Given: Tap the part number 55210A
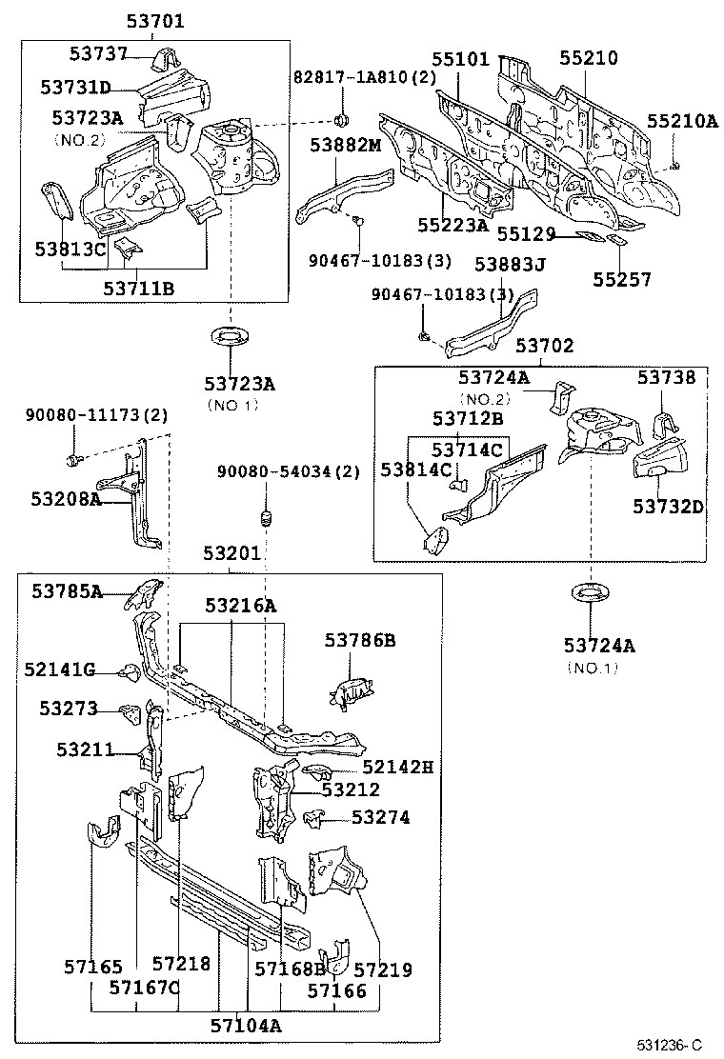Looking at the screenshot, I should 682,121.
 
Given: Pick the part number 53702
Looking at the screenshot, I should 545,346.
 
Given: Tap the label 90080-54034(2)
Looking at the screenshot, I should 288,472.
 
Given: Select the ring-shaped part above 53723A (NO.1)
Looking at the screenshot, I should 229,337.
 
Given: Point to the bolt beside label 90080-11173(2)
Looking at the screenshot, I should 72,460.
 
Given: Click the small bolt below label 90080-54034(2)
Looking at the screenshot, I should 266,519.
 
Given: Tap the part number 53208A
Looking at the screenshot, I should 66,497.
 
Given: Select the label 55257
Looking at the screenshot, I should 621,279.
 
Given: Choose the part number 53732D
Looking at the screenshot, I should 668,506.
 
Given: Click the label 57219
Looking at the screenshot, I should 383,969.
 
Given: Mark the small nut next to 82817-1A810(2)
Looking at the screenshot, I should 341,120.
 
